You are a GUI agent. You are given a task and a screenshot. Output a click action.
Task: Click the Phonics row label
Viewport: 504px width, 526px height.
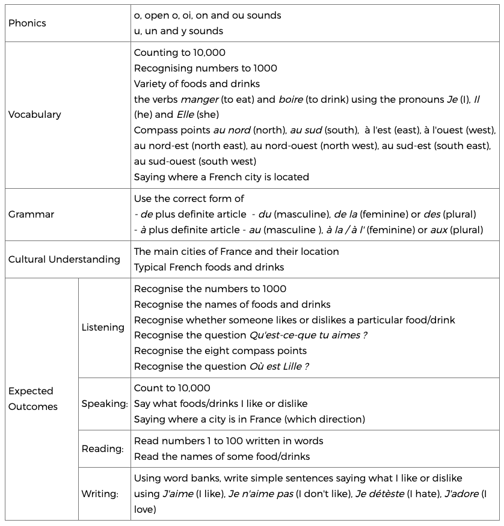coord(27,23)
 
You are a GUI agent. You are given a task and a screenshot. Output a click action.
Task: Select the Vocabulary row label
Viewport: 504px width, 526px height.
coord(35,114)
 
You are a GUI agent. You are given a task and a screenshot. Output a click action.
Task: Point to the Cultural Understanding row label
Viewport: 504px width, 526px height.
coord(64,259)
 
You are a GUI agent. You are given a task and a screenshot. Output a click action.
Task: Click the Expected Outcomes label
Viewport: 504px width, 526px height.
coord(33,399)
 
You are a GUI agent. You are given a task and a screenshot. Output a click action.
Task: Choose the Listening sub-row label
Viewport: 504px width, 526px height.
coord(103,328)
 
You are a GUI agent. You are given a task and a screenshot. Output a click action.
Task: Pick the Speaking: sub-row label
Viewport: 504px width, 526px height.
coord(105,404)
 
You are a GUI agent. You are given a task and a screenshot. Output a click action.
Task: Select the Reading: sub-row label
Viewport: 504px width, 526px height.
coord(103,448)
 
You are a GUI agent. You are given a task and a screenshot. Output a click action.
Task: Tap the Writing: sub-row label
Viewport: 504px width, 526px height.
coord(100,494)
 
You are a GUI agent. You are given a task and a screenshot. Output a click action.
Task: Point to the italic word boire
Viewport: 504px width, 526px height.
coord(290,99)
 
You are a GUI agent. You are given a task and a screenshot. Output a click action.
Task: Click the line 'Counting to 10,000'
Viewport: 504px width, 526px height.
coord(180,53)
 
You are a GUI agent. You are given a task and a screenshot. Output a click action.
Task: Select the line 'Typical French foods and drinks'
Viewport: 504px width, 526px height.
coord(209,267)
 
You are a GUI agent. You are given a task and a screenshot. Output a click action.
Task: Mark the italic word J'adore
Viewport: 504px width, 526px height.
coord(461,494)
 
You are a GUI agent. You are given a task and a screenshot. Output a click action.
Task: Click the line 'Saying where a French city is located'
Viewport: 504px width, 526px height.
coord(221,177)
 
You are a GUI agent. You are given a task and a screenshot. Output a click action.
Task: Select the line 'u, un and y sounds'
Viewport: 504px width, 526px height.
coord(179,31)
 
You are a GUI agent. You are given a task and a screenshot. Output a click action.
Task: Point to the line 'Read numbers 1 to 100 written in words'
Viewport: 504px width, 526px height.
coord(229,441)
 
